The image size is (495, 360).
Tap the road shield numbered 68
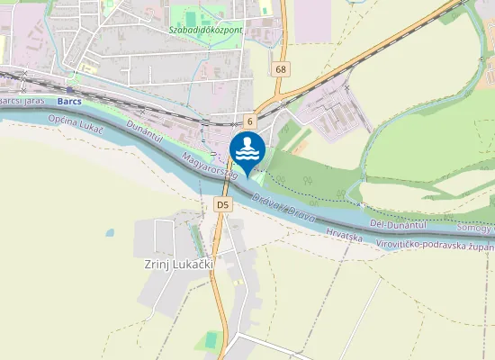pyautogui.click(x=282, y=69)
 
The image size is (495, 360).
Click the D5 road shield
pyautogui.click(x=223, y=206)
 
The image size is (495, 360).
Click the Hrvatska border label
pyautogui.click(x=345, y=236)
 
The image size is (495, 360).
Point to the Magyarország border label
pyautogui.click(x=210, y=167)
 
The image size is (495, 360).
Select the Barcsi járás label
pyautogui.click(x=20, y=101)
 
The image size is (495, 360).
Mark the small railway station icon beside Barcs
pyautogui.click(x=68, y=90)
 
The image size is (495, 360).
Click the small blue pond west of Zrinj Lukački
pyautogui.click(x=110, y=232)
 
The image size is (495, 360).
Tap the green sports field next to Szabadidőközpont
pyautogui.click(x=189, y=14)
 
